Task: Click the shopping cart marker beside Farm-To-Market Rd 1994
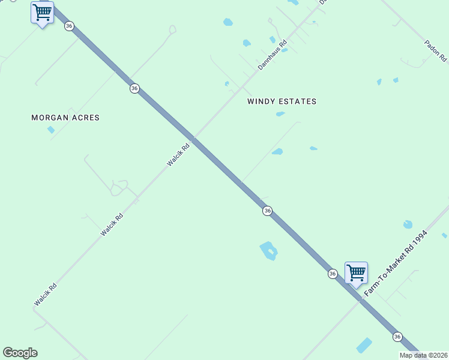(356, 273)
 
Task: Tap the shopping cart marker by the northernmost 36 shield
(42, 13)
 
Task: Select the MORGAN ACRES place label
(65, 118)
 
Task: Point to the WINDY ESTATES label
(282, 101)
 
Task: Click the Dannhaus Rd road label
(273, 55)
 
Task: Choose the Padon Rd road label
(435, 51)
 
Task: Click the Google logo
(20, 353)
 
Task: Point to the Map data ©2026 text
(424, 355)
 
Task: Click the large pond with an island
(268, 250)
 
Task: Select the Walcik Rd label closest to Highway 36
(178, 154)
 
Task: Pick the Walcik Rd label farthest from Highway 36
(45, 295)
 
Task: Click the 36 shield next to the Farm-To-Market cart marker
(333, 274)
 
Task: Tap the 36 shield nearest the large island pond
(267, 211)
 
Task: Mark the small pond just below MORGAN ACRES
(51, 130)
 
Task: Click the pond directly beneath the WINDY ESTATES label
(280, 113)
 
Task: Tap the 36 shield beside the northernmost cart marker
(70, 26)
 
